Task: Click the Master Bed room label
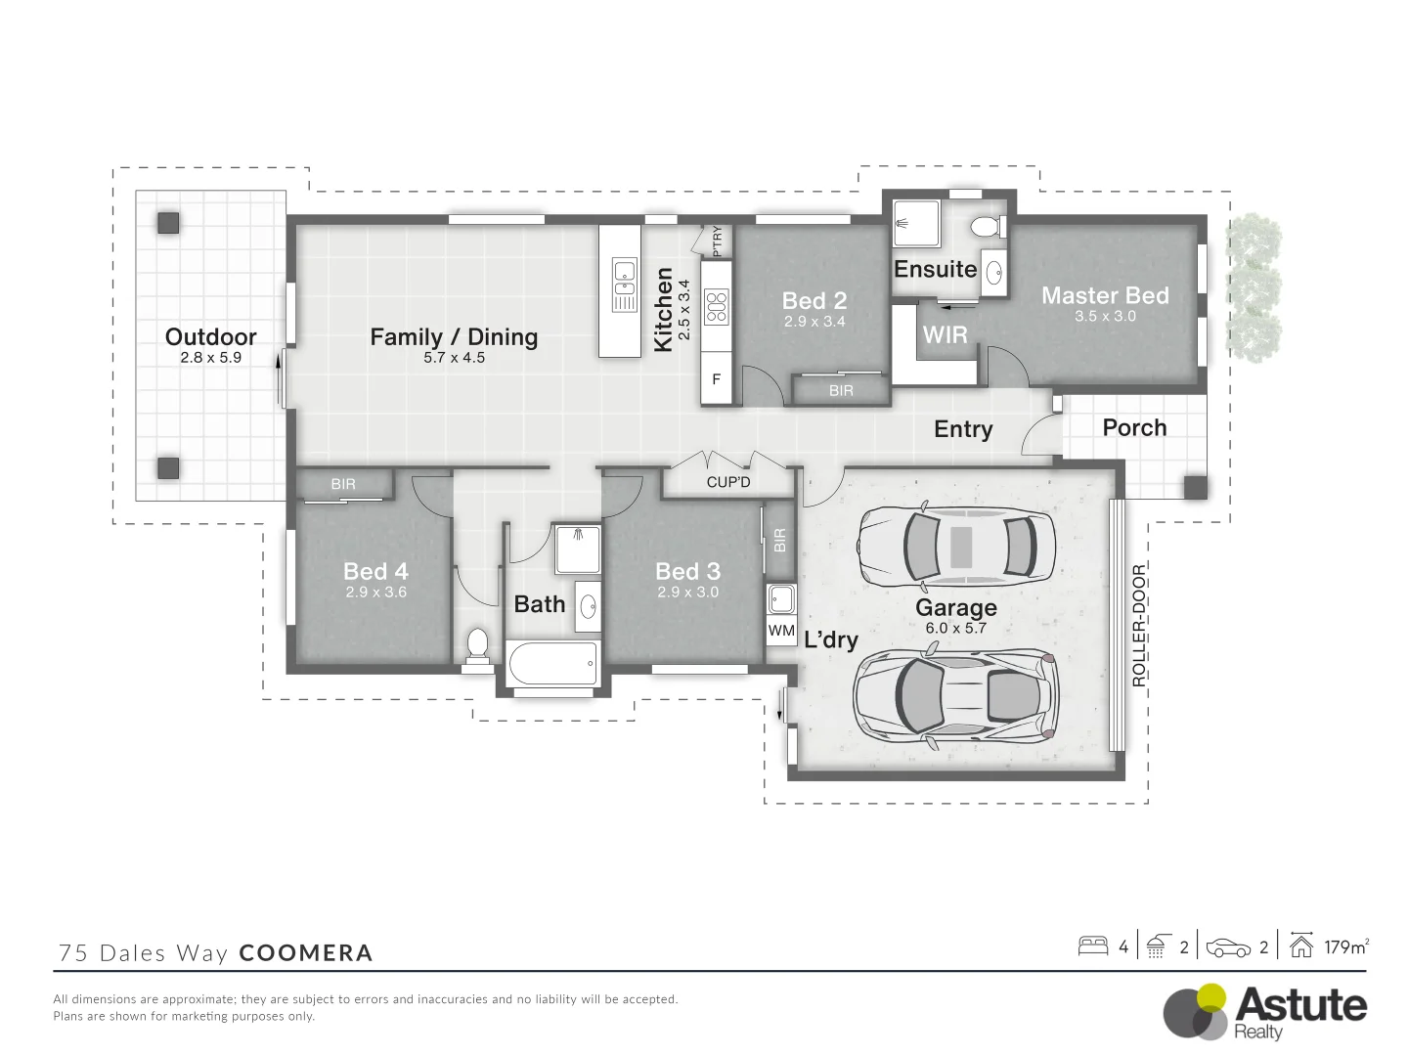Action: tap(1105, 295)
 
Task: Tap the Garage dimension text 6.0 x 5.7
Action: tap(955, 629)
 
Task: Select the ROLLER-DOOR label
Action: tap(1138, 626)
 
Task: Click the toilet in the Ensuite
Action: tap(984, 228)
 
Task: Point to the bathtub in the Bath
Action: tap(552, 664)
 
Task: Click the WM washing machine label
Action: tap(781, 631)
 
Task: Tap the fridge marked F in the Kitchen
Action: tap(717, 379)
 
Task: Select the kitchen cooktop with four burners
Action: tap(717, 306)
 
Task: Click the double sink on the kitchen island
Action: tap(624, 284)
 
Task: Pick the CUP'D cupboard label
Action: tap(728, 482)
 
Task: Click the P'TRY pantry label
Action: tap(717, 242)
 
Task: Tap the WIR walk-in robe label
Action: tap(945, 335)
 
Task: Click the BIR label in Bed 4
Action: tap(343, 484)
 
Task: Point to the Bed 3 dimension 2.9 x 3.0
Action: tap(687, 593)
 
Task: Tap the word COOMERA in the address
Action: tap(306, 953)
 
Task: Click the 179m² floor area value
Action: tap(1346, 946)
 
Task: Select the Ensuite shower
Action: tap(916, 224)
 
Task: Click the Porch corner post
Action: tap(1195, 487)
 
